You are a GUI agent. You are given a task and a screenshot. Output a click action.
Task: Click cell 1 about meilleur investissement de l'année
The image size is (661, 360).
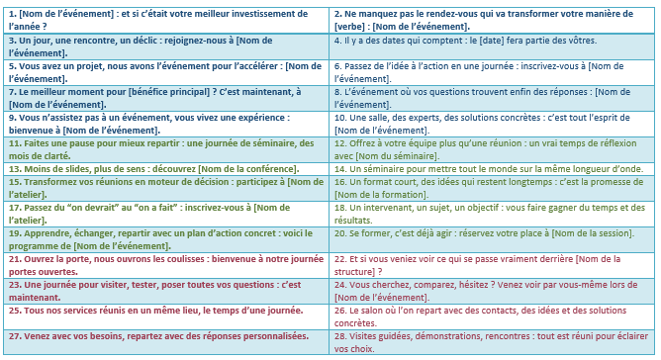pyautogui.click(x=164, y=17)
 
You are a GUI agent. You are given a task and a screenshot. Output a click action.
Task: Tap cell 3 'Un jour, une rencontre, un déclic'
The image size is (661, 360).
pyautogui.click(x=164, y=45)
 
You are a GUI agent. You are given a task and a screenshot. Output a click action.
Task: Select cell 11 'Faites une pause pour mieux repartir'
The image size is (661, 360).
pyautogui.click(x=164, y=148)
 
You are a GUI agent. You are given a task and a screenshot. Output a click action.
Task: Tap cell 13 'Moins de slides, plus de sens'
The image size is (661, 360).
pyautogui.click(x=164, y=168)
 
